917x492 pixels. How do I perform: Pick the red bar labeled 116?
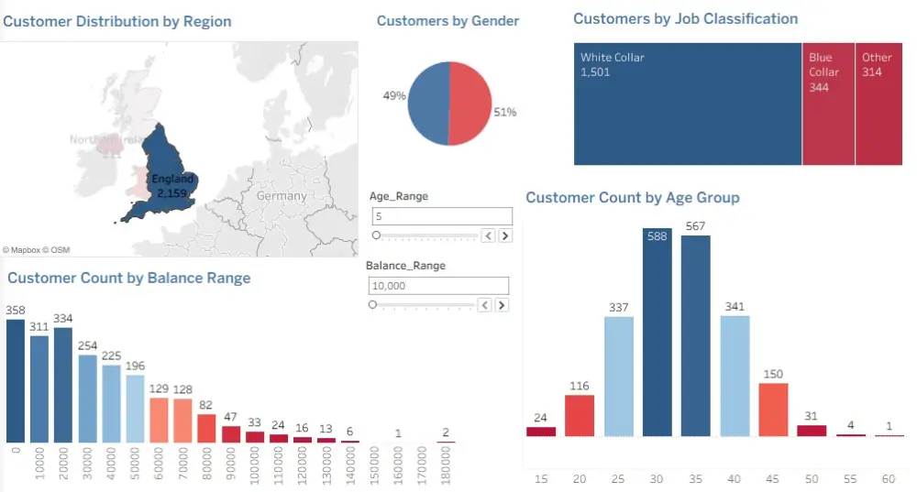(579, 416)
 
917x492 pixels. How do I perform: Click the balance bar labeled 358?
(16, 381)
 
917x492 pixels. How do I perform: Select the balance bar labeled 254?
(87, 399)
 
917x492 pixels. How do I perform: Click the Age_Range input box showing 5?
(442, 216)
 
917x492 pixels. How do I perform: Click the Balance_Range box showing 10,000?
(438, 286)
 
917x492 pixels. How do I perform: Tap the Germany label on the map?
(282, 196)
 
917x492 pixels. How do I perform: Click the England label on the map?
(172, 180)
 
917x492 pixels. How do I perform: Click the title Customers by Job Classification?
(685, 19)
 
